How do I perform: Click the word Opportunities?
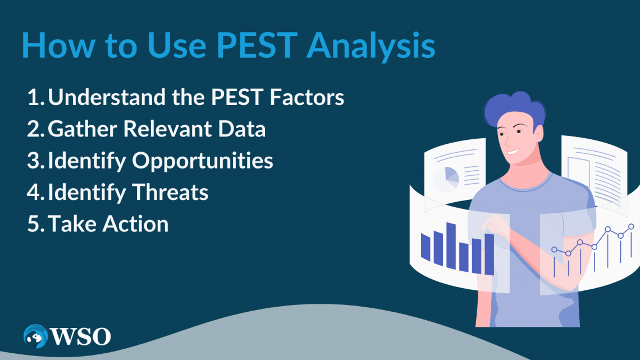pos(203,161)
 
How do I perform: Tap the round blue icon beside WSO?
pos(35,336)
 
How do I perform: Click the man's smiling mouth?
pos(512,151)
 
